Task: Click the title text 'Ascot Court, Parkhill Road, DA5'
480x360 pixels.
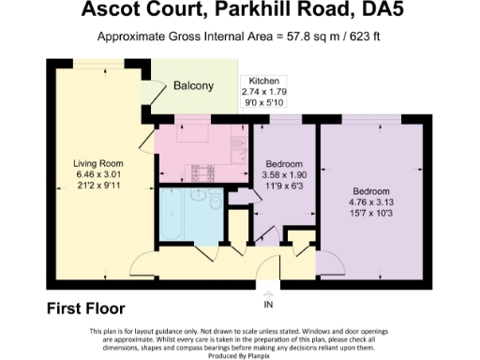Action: (239, 12)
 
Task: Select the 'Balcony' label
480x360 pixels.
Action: (193, 86)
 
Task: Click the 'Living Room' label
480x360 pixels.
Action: (98, 163)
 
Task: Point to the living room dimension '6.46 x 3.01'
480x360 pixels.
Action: (98, 173)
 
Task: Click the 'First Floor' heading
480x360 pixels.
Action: (85, 307)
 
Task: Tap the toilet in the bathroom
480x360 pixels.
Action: (216, 202)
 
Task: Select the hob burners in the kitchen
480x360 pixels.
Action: (201, 172)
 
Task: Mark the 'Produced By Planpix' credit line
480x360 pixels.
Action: (240, 353)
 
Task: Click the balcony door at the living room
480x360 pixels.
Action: (147, 92)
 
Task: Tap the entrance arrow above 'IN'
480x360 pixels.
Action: (268, 293)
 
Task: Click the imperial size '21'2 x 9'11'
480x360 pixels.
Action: (98, 184)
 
